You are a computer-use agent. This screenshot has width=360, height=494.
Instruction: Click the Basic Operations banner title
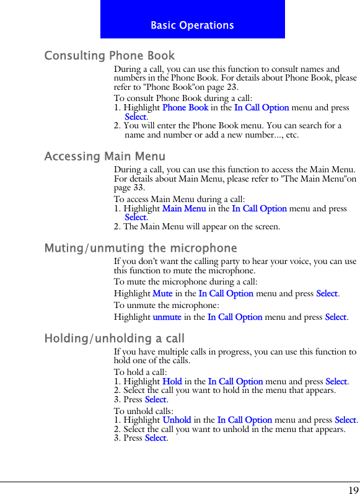coord(192,25)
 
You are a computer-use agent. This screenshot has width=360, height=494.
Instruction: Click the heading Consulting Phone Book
coord(110,56)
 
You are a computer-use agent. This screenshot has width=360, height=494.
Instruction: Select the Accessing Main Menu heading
coord(105,157)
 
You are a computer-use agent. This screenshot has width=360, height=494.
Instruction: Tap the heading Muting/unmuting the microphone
coord(141,249)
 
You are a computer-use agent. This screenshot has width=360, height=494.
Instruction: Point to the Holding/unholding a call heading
coord(115,338)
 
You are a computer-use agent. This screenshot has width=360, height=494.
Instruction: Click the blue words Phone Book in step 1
coord(185,108)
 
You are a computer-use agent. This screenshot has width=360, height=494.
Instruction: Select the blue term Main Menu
coord(184,209)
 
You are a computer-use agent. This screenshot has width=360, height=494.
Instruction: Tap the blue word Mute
coord(162,293)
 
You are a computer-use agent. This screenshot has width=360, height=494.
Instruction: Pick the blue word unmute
coord(167,317)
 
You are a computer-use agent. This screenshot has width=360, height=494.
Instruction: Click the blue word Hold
coord(172,382)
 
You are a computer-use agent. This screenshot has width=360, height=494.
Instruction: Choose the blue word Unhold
coord(177,420)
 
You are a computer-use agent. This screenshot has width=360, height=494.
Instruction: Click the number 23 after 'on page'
coord(232,87)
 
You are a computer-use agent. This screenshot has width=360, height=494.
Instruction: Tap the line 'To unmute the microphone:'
coord(166,306)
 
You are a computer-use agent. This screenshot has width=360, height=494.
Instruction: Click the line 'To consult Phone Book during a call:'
coord(183,99)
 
